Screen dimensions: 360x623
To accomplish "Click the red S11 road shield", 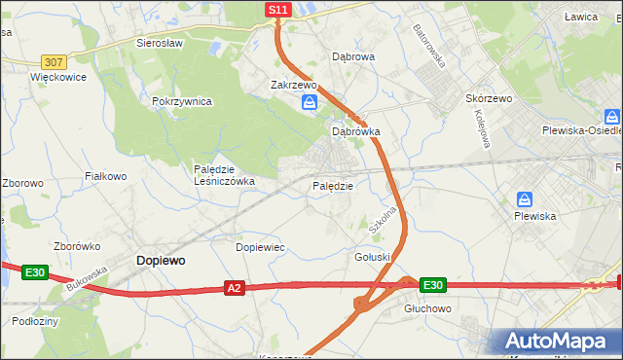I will pyautogui.click(x=278, y=10).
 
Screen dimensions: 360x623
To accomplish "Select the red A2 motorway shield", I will pyautogui.click(x=234, y=288).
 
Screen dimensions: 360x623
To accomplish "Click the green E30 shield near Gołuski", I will pyautogui.click(x=433, y=285).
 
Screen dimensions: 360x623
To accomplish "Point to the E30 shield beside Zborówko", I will pyautogui.click(x=36, y=272).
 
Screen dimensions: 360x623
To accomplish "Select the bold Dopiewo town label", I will pyautogui.click(x=161, y=261).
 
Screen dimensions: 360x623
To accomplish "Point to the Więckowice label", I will pyautogui.click(x=58, y=77).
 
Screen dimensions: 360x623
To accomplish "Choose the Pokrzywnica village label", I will pyautogui.click(x=182, y=101).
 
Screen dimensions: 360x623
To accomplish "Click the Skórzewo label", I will pyautogui.click(x=489, y=99).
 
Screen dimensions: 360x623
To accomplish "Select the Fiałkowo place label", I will pyautogui.click(x=106, y=176).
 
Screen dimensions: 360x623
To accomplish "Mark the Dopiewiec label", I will pyautogui.click(x=260, y=247).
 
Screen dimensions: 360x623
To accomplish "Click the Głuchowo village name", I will pyautogui.click(x=428, y=307).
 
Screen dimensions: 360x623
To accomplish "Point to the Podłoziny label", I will pyautogui.click(x=36, y=320).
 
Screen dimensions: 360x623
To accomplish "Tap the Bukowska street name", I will pyautogui.click(x=87, y=277).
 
